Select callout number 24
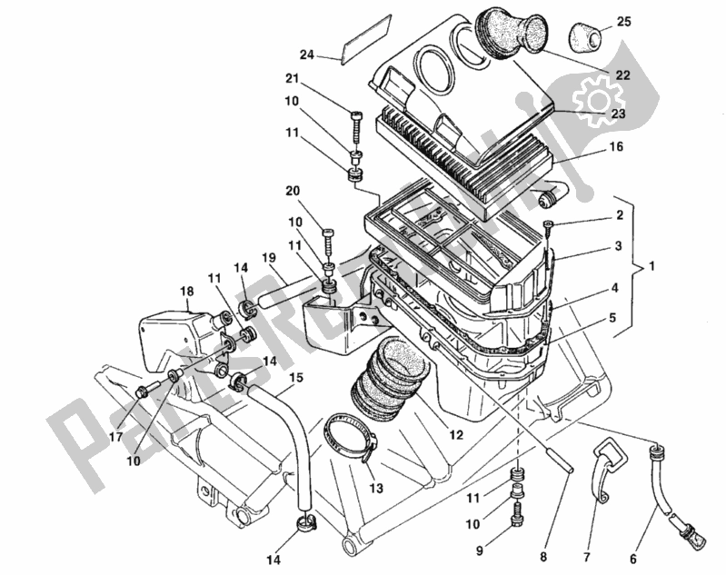coord(306,55)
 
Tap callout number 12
coord(455,436)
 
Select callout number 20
coord(292,191)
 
